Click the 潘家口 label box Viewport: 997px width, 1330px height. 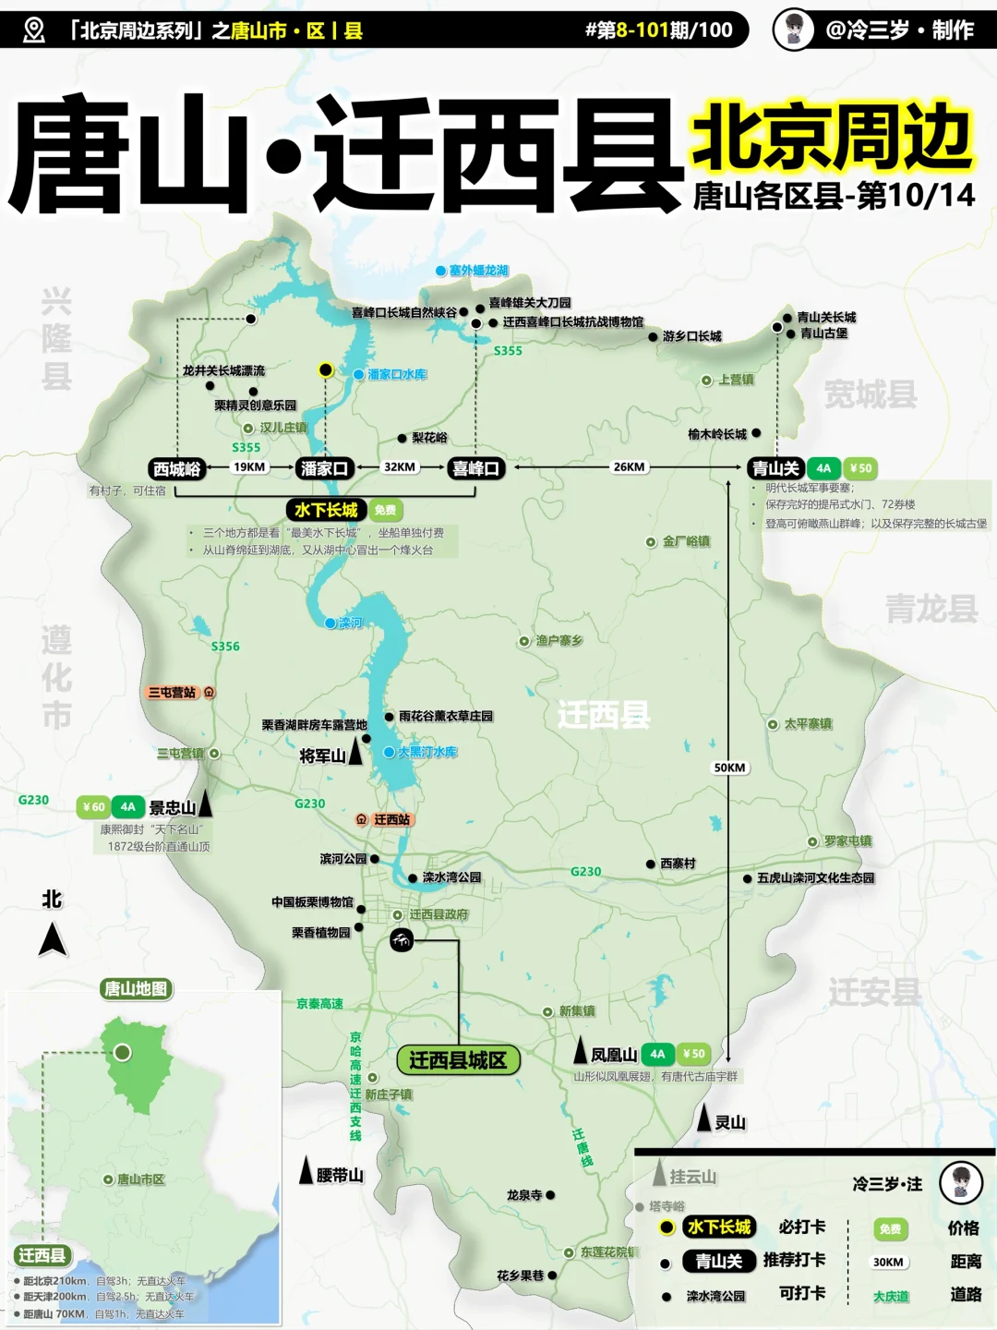tap(324, 468)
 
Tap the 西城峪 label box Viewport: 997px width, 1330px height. tap(176, 468)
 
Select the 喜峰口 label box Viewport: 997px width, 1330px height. tap(475, 468)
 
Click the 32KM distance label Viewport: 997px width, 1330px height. tap(400, 467)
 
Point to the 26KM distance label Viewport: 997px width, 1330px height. tap(629, 467)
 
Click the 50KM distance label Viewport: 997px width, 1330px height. tap(729, 768)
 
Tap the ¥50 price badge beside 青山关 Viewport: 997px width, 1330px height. tap(860, 468)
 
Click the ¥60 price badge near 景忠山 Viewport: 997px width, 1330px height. tap(93, 807)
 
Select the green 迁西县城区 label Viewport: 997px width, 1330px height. tap(458, 1060)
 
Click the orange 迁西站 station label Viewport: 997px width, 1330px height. tap(384, 819)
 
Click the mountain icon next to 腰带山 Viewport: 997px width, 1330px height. tap(306, 1171)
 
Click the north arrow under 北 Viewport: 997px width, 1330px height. tap(53, 940)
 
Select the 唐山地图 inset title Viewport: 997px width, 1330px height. tap(136, 989)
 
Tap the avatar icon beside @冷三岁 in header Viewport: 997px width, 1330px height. tap(793, 30)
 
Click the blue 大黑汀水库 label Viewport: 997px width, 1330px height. tap(426, 753)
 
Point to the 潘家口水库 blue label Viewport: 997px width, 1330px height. tap(397, 374)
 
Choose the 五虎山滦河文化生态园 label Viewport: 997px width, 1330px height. tap(814, 878)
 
